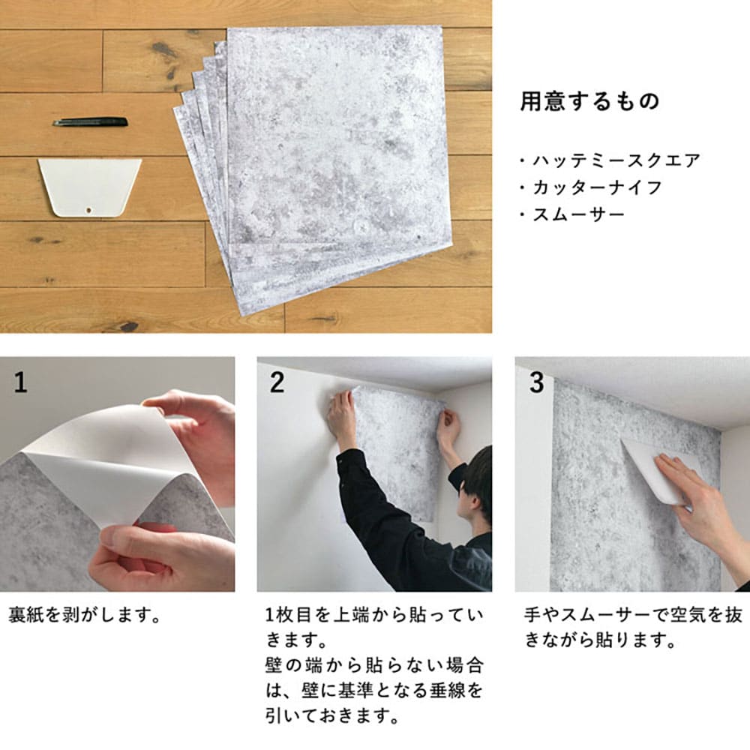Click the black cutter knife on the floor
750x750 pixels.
point(90,122)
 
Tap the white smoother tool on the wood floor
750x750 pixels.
point(89,187)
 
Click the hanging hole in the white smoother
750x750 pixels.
point(89,209)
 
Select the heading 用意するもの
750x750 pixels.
point(589,101)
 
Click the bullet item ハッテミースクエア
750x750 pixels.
point(616,160)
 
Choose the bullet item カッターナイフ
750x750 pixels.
point(597,187)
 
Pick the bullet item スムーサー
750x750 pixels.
point(578,214)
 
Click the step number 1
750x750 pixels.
point(20,382)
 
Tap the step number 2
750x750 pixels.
point(277,382)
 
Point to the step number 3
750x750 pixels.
point(537,382)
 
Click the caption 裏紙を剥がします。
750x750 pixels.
point(85,615)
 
